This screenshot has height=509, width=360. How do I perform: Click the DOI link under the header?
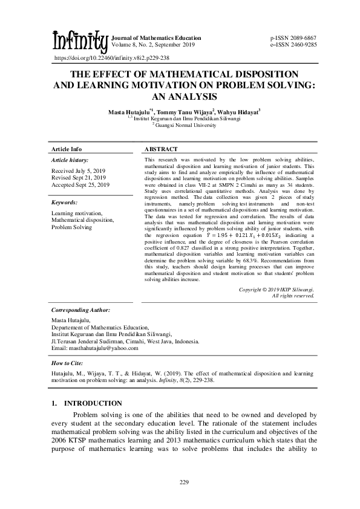point(111,58)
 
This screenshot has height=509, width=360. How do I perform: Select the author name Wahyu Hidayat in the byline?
point(240,112)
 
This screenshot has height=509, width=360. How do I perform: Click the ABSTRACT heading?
point(161,149)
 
